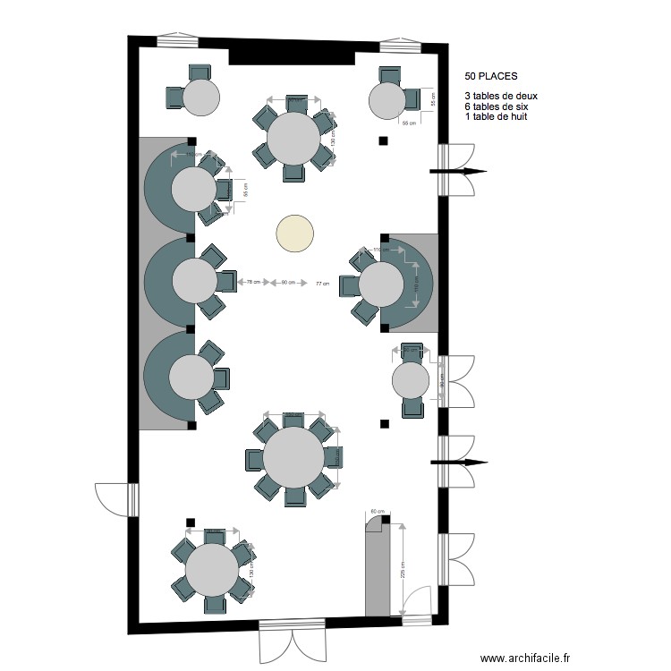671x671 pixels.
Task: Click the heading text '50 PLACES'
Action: (490, 78)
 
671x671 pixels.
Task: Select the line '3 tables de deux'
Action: (501, 96)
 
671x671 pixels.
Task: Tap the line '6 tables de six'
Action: (497, 106)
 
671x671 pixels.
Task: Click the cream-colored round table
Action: (295, 234)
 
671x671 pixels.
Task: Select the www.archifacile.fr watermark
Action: (524, 657)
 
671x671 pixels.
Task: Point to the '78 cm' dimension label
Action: (253, 284)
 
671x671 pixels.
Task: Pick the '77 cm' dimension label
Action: (322, 284)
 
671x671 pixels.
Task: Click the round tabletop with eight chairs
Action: (293, 457)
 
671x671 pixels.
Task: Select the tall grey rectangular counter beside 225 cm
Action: (377, 572)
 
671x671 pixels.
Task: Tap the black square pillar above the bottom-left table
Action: (190, 522)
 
